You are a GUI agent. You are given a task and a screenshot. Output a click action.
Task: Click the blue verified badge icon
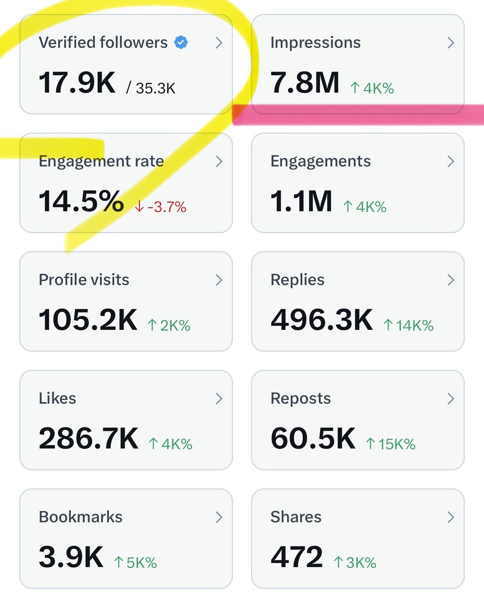click(181, 43)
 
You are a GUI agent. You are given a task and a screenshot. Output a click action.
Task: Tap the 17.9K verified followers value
click(77, 83)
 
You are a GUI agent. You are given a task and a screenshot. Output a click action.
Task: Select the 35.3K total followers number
click(151, 89)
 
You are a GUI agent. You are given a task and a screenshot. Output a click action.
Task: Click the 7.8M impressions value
click(305, 83)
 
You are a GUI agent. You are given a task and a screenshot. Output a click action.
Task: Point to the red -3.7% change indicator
click(160, 207)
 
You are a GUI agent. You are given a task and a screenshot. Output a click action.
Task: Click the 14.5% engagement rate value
click(81, 202)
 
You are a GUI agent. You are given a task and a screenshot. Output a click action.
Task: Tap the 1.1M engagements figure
click(301, 202)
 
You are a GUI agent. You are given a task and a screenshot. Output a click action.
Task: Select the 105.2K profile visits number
click(88, 320)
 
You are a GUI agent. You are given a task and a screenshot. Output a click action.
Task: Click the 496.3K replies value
click(321, 320)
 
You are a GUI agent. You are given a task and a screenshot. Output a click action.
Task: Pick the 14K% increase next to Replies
click(409, 325)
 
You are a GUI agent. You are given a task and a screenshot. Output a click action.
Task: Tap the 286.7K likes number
click(88, 439)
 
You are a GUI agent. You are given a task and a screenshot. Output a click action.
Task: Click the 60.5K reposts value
click(313, 439)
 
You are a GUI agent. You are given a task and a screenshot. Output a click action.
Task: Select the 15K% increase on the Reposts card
click(390, 444)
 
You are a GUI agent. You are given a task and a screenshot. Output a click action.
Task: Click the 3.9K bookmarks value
click(71, 557)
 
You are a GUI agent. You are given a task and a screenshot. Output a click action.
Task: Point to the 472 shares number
click(297, 557)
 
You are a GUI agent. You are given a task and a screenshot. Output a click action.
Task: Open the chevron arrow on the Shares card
click(451, 517)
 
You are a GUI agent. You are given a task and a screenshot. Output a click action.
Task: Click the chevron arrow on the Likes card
click(219, 399)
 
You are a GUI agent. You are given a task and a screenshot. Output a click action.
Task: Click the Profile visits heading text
click(84, 280)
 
